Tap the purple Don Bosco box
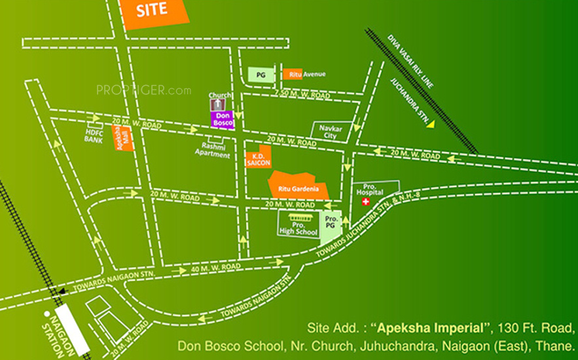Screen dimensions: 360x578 coord(219,118)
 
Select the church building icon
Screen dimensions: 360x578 coord(215,103)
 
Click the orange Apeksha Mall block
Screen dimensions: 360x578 coord(124,139)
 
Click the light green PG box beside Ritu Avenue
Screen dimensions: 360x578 coord(261,75)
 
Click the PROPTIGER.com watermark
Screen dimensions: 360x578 coord(143,90)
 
